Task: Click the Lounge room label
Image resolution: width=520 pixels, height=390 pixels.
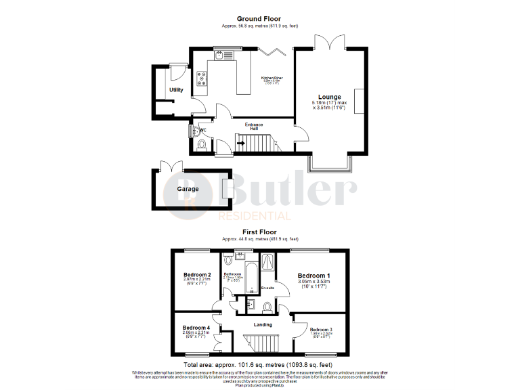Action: point(330,97)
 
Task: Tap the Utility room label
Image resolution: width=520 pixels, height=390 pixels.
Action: point(176,89)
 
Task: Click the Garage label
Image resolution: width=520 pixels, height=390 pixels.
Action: point(188,189)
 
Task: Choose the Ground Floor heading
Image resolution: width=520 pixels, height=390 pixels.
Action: point(259,18)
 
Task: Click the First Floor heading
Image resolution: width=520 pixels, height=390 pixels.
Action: point(259,232)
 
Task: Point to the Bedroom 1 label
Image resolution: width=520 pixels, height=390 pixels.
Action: point(314,276)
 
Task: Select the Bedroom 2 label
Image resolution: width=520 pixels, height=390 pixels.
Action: point(196,274)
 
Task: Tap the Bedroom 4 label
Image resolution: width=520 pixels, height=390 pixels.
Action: point(196,328)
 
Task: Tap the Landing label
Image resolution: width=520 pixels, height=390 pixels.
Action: point(263,325)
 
